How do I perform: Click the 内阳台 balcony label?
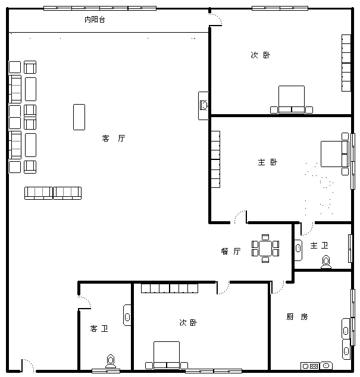[95, 20]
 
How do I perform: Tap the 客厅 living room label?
[114, 138]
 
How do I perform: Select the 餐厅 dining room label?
[231, 252]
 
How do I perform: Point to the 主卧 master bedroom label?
[268, 162]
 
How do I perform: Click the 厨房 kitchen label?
[297, 317]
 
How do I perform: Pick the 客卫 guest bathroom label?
[99, 328]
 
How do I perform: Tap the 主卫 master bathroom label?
[319, 246]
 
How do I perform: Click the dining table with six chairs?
[265, 249]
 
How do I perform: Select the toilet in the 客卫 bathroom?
[111, 362]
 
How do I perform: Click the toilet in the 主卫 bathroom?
[326, 262]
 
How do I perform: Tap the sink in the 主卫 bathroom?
[298, 250]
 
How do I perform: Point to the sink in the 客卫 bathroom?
[127, 315]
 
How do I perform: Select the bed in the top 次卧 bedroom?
[292, 99]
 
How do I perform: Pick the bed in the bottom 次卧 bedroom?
[167, 356]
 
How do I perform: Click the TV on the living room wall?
[204, 105]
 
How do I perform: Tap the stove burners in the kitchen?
[310, 366]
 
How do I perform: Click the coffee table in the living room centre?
[79, 117]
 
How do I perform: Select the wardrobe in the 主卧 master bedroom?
[215, 159]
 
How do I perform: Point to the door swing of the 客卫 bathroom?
[86, 300]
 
